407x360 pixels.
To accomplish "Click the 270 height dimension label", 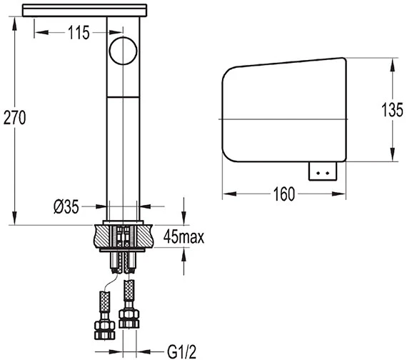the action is (14, 118).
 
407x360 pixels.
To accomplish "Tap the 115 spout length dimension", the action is (79, 33).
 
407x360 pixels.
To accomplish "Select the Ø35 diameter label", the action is (66, 207).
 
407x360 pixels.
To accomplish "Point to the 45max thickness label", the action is (184, 236).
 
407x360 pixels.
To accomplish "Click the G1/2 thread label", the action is (182, 351).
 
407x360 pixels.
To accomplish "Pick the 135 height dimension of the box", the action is (393, 109).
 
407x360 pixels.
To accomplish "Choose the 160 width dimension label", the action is (284, 194).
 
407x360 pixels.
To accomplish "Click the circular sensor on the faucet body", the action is (123, 51).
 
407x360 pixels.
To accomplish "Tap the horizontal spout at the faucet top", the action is (85, 11).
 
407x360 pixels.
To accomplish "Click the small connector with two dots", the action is (323, 171).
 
